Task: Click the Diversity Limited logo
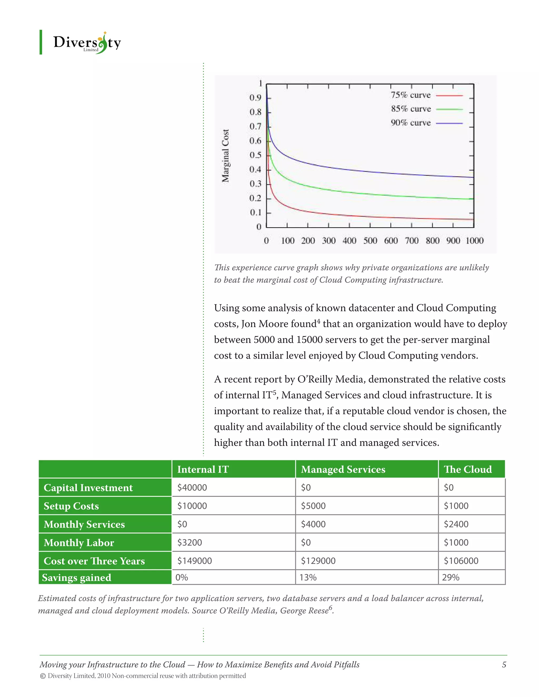[87, 43]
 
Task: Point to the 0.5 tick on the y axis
[256, 155]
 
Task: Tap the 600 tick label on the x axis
[391, 241]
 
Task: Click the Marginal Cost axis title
[226, 156]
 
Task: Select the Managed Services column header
[343, 469]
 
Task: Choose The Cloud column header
[467, 469]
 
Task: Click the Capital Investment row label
[88, 488]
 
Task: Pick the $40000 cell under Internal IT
[192, 488]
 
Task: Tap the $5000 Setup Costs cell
[313, 506]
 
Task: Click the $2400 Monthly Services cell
[456, 524]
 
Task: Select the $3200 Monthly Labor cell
[190, 543]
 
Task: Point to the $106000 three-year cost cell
[461, 561]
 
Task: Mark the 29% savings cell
[451, 577]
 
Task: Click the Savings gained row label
[77, 578]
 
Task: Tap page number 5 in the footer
[504, 664]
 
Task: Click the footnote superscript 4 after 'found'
[318, 321]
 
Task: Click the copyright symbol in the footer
[43, 676]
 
